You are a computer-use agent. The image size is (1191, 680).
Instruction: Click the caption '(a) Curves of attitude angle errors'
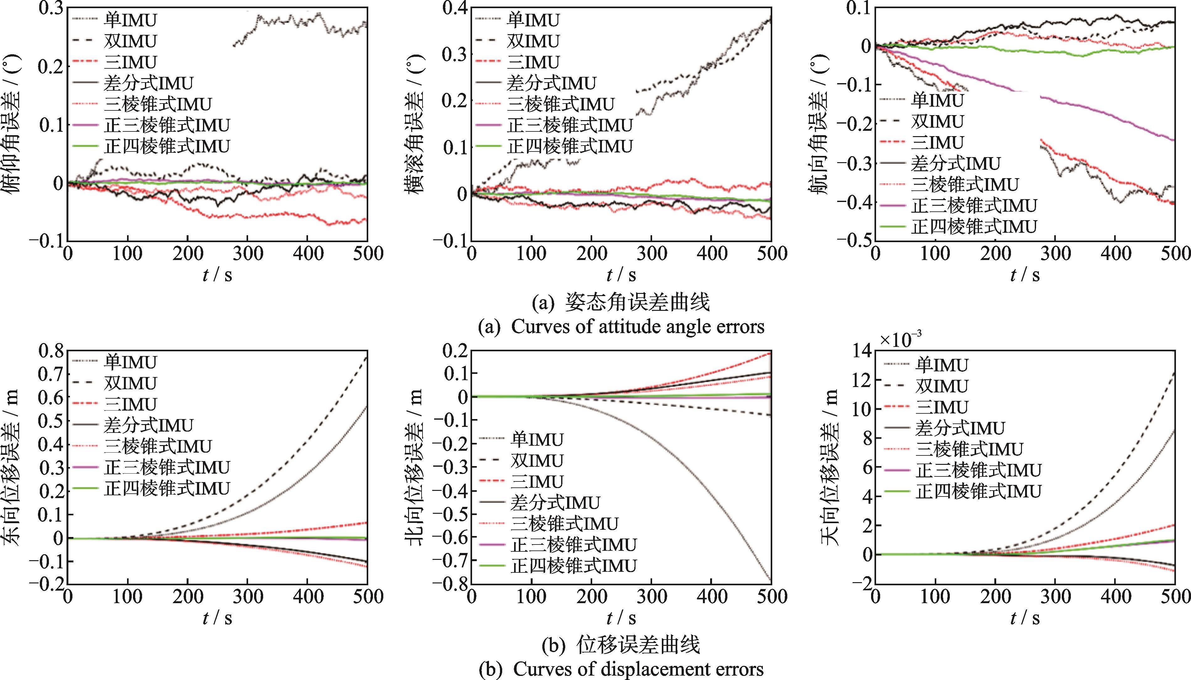point(621,327)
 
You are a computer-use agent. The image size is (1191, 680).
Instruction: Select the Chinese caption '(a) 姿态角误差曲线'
point(621,302)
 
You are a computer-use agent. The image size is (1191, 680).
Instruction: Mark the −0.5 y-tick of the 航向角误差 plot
point(852,240)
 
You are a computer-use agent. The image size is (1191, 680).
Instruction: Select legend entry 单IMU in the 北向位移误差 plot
point(537,439)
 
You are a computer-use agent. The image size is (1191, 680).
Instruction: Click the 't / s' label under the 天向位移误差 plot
point(1025,618)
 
